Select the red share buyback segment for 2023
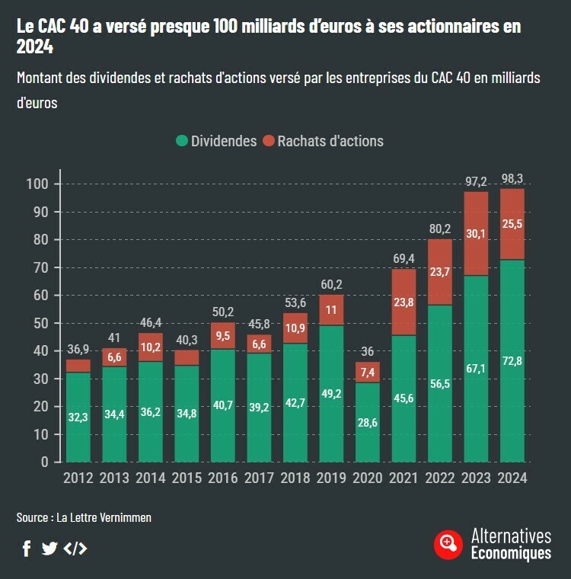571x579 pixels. (x=476, y=234)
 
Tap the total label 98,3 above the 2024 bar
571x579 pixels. (x=512, y=179)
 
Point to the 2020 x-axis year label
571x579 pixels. (x=368, y=478)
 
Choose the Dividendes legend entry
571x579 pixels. (x=216, y=141)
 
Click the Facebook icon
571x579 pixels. (x=27, y=548)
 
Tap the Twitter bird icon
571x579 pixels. (x=49, y=548)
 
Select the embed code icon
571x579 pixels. (x=75, y=548)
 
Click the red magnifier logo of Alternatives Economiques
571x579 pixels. (x=448, y=543)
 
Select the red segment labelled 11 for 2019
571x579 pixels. (x=331, y=310)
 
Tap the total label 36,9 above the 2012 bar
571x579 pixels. (x=78, y=350)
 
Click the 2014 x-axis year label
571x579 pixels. (x=150, y=478)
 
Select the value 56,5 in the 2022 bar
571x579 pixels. (x=440, y=383)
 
